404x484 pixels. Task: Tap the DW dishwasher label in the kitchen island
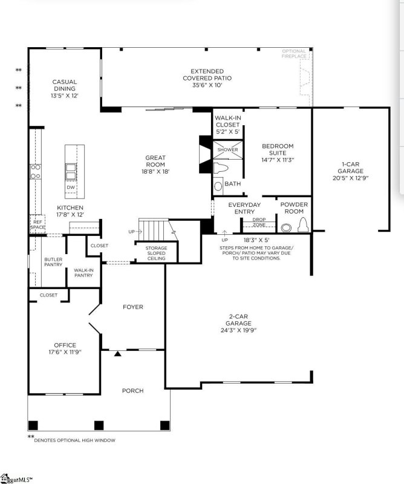[x=71, y=188]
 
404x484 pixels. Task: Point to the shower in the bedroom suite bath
[x=227, y=149]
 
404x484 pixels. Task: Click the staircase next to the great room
[x=155, y=231]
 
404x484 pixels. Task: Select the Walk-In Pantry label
[x=83, y=273]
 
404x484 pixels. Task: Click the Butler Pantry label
[x=53, y=262]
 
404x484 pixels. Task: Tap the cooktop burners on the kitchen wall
[x=36, y=172]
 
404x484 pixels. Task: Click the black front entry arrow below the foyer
[x=118, y=353]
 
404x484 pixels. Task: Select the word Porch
[x=132, y=391]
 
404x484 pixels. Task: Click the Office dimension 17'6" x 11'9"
[x=65, y=352]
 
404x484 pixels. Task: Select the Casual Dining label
[x=64, y=88]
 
